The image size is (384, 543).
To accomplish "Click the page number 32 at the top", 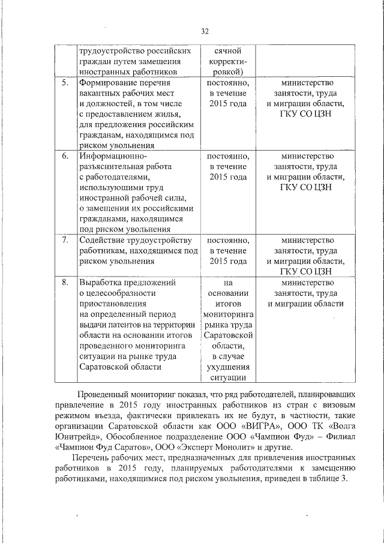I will (205, 31).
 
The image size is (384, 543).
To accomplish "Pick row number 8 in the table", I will (64, 282).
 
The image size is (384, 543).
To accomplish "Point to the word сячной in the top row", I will (227, 51).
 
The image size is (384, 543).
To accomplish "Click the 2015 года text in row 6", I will (228, 178).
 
